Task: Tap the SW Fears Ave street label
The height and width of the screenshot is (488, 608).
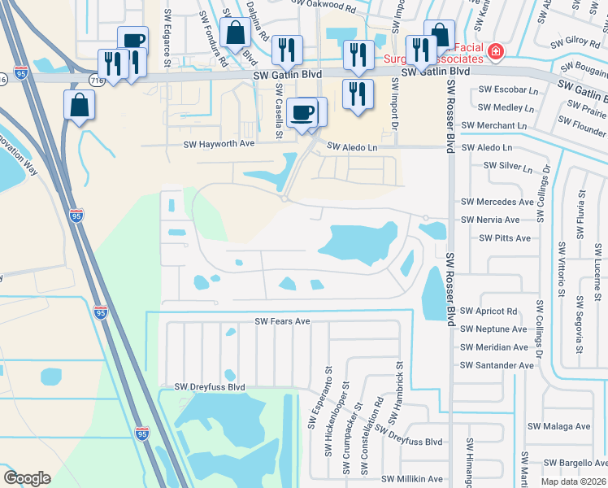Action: pyautogui.click(x=283, y=321)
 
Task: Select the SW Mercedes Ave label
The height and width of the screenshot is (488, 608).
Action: pyautogui.click(x=497, y=202)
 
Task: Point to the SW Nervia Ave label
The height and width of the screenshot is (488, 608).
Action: pyautogui.click(x=489, y=220)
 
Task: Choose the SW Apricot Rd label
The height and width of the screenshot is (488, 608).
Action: pyautogui.click(x=489, y=311)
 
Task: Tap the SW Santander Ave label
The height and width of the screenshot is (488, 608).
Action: pyautogui.click(x=497, y=365)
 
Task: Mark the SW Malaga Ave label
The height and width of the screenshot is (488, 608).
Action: pyautogui.click(x=558, y=426)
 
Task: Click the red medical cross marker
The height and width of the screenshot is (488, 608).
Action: pyautogui.click(x=495, y=52)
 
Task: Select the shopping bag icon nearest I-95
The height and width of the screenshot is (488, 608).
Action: pyautogui.click(x=80, y=104)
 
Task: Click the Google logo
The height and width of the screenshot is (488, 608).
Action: pyautogui.click(x=28, y=478)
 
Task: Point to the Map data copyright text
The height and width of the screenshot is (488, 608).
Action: pyautogui.click(x=572, y=481)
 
